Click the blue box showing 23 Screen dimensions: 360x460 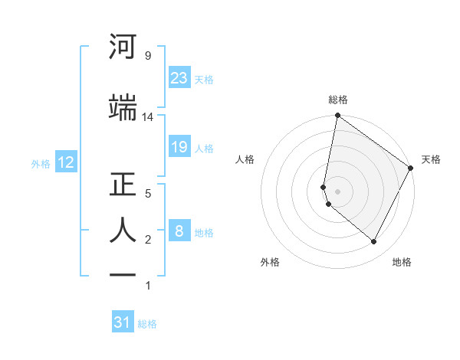[x=179, y=77]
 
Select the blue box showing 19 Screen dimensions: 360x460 [x=179, y=147]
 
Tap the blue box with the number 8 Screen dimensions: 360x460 [x=179, y=231]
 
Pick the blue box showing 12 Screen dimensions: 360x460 [x=65, y=162]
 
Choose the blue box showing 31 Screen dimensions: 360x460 [x=123, y=322]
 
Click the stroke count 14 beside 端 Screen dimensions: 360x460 [x=148, y=117]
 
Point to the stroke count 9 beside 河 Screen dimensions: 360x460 [x=147, y=56]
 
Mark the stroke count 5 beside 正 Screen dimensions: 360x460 [x=148, y=194]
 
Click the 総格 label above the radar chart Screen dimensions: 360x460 [x=338, y=100]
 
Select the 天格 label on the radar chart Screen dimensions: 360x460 [x=431, y=159]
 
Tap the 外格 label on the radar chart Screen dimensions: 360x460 [x=270, y=262]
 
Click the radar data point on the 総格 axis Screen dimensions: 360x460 [x=337, y=116]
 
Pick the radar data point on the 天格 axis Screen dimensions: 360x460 [x=411, y=168]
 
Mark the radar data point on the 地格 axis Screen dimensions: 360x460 [x=373, y=242]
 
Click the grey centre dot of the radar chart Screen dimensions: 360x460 [x=337, y=191]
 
